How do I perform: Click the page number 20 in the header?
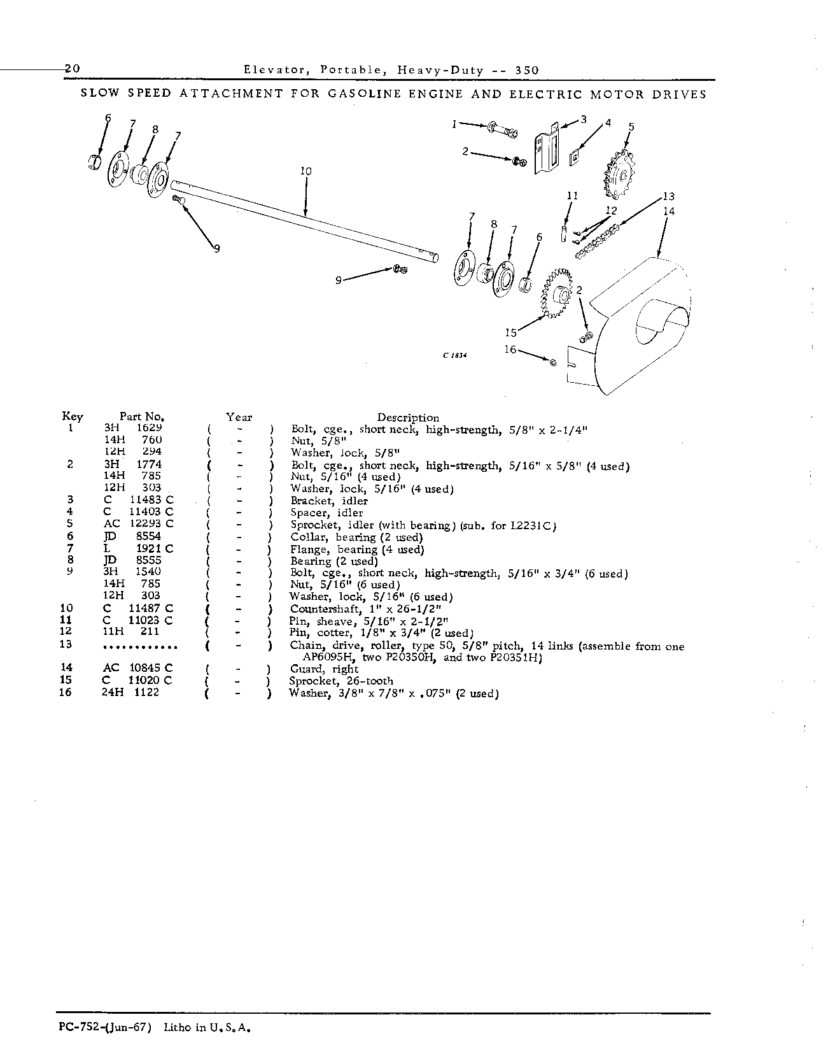pyautogui.click(x=71, y=69)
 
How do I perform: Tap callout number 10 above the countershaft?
pyautogui.click(x=305, y=171)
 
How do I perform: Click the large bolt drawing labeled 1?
pyautogui.click(x=503, y=131)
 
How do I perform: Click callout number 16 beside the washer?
pyautogui.click(x=510, y=350)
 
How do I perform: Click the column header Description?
pyautogui.click(x=408, y=418)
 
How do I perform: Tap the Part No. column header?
pyautogui.click(x=143, y=417)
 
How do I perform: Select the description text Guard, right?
pyautogui.click(x=324, y=669)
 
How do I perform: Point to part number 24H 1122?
pyautogui.click(x=130, y=692)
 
